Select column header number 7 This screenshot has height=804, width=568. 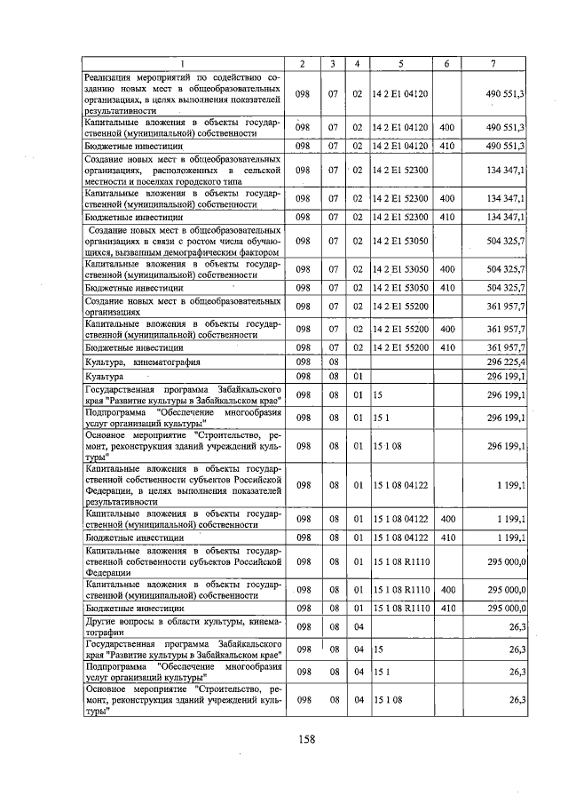[x=493, y=63]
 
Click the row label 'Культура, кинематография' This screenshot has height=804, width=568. [x=142, y=362]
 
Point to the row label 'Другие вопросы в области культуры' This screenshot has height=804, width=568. [x=183, y=629]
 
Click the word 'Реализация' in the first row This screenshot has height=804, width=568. [x=112, y=79]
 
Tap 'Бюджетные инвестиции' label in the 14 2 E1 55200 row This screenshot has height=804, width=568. [x=134, y=347]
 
